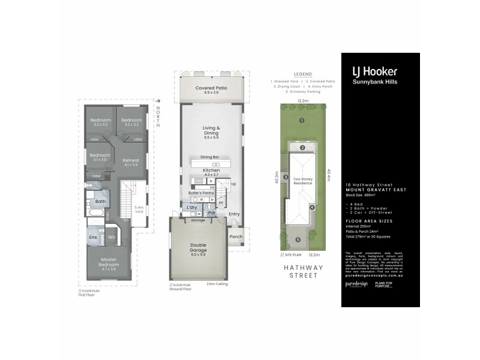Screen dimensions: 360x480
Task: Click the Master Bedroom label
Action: tap(109, 263)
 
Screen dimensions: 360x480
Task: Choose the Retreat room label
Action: tap(131, 162)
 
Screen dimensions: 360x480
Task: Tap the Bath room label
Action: tap(100, 202)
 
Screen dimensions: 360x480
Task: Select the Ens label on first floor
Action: tap(93, 238)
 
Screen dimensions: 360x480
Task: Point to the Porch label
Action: tap(235, 236)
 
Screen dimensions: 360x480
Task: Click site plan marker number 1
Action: tap(302, 121)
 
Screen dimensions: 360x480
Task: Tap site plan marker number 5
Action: tap(298, 240)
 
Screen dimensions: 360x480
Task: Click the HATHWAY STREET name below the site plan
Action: tap(303, 271)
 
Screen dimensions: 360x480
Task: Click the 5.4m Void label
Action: tap(138, 209)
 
